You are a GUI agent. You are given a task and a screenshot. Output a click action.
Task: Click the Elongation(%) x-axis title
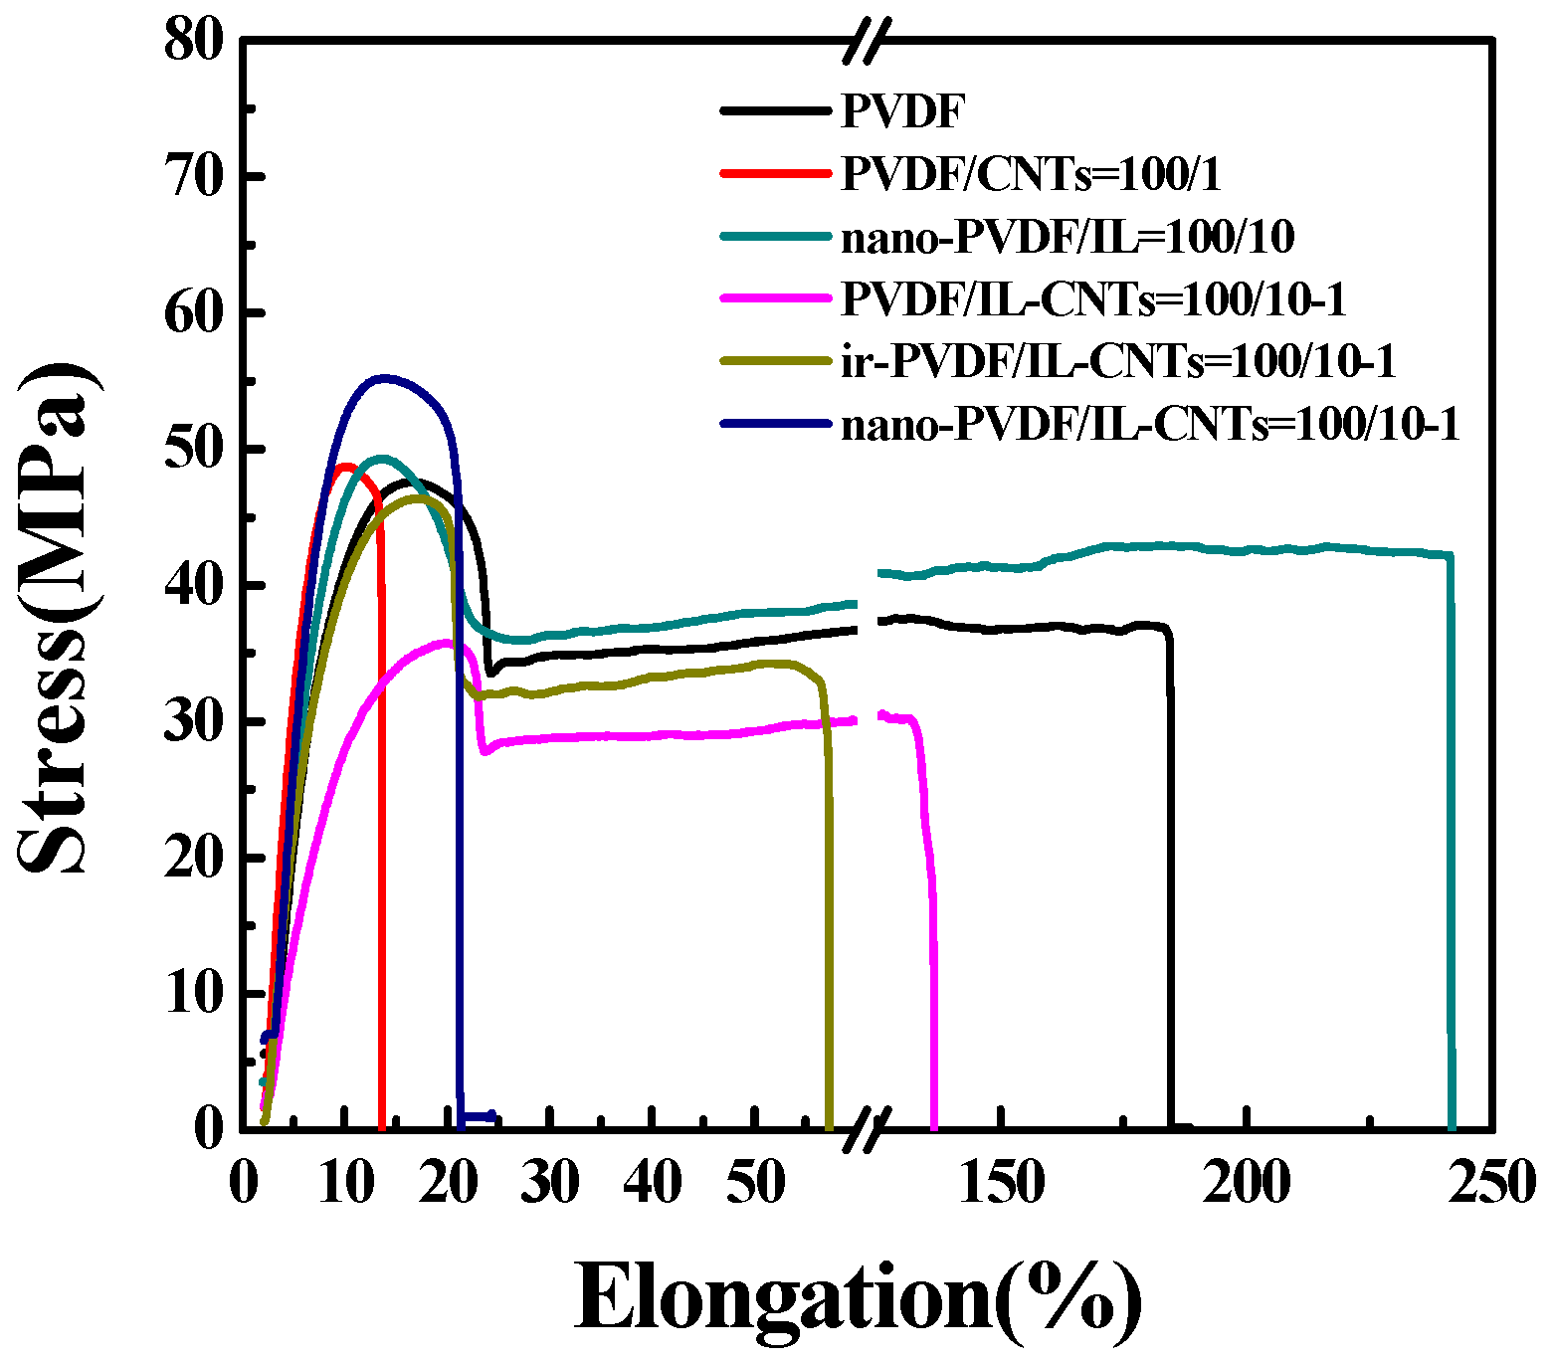[859, 1298]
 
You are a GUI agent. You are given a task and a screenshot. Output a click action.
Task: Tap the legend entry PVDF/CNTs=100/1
[1031, 174]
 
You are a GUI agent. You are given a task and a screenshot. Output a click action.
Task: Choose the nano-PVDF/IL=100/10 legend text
[1068, 237]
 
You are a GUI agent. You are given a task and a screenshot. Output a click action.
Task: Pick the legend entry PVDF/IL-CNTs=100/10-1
[1093, 299]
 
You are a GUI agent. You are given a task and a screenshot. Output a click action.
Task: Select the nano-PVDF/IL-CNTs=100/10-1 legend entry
[1150, 425]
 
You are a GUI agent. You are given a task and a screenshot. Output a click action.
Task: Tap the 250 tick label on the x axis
[1491, 1184]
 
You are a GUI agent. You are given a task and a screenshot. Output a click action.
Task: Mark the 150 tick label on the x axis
[1001, 1184]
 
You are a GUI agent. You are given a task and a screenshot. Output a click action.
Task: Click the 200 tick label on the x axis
[1247, 1184]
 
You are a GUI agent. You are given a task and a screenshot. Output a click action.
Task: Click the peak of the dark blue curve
[384, 378]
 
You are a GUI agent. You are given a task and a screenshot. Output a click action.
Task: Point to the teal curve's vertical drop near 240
[1452, 846]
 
